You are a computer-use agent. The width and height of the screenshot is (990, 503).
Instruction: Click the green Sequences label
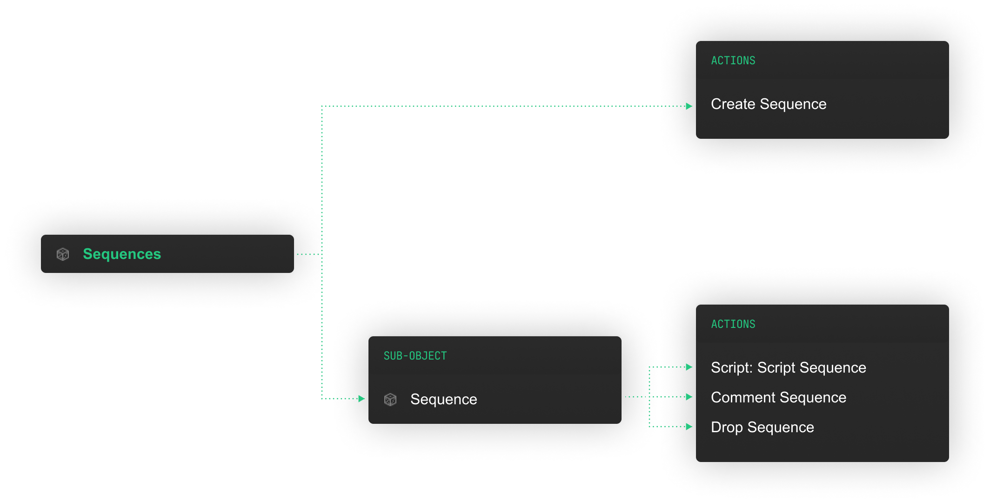coord(122,254)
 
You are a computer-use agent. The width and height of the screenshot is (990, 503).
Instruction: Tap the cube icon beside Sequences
coord(63,254)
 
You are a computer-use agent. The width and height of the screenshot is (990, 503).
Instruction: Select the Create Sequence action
coord(769,104)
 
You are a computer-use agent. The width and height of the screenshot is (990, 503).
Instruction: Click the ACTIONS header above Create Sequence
coord(733,61)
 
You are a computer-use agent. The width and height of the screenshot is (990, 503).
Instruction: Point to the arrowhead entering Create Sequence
coord(689,106)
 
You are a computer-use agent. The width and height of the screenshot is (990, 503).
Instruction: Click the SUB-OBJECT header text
coord(415,356)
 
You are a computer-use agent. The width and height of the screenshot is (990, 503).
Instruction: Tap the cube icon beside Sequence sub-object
coord(390,399)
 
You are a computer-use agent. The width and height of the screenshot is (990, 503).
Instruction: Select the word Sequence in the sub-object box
coord(443,399)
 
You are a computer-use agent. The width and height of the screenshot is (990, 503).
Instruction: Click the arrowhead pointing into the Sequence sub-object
coord(361,399)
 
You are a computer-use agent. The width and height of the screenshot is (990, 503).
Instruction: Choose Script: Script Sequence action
coord(788,367)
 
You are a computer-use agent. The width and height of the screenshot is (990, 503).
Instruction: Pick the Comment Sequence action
coord(778,397)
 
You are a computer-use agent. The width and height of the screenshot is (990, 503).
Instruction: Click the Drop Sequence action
coord(762,427)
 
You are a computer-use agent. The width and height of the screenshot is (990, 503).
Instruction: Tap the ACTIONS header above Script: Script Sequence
coord(733,324)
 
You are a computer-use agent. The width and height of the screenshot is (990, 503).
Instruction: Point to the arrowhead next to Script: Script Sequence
coord(689,367)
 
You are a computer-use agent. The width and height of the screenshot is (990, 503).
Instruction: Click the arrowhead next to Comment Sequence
coord(689,397)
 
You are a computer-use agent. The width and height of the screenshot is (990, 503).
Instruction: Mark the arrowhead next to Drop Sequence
coord(689,427)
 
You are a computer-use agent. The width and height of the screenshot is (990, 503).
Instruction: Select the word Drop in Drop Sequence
coord(727,427)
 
